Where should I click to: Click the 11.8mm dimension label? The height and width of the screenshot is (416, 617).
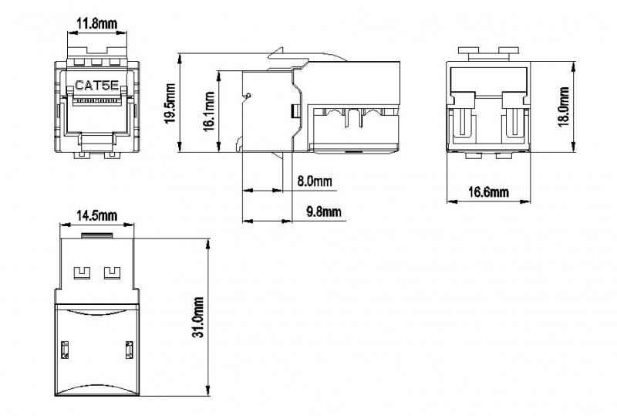[x=97, y=24]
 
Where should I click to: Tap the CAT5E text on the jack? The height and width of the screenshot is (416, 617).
[x=96, y=86]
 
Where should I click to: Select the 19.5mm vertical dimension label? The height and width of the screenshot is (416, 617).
[x=170, y=103]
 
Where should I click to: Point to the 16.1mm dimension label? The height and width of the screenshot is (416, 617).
[x=209, y=111]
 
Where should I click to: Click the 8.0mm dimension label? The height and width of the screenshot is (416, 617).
[x=315, y=181]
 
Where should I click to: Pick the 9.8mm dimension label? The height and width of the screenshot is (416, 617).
[x=324, y=211]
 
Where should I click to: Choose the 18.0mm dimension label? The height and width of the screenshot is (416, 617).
[x=564, y=107]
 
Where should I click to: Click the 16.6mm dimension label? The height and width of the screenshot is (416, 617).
[x=488, y=192]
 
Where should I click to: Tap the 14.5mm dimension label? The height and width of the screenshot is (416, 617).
[x=97, y=215]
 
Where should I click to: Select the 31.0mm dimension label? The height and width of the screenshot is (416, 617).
[x=198, y=317]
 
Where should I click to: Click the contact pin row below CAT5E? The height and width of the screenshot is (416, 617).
[x=97, y=101]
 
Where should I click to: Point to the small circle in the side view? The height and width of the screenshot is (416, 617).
[x=248, y=95]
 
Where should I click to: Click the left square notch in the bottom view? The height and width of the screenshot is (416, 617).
[x=83, y=273]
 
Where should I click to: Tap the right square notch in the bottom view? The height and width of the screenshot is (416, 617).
[x=112, y=273]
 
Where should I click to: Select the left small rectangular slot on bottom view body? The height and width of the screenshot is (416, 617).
[x=65, y=350]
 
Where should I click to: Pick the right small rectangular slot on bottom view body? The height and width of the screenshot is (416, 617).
[x=129, y=350]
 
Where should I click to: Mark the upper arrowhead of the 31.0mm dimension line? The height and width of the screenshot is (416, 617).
[x=207, y=244]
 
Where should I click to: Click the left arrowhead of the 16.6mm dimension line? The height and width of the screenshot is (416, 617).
[x=453, y=201]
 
